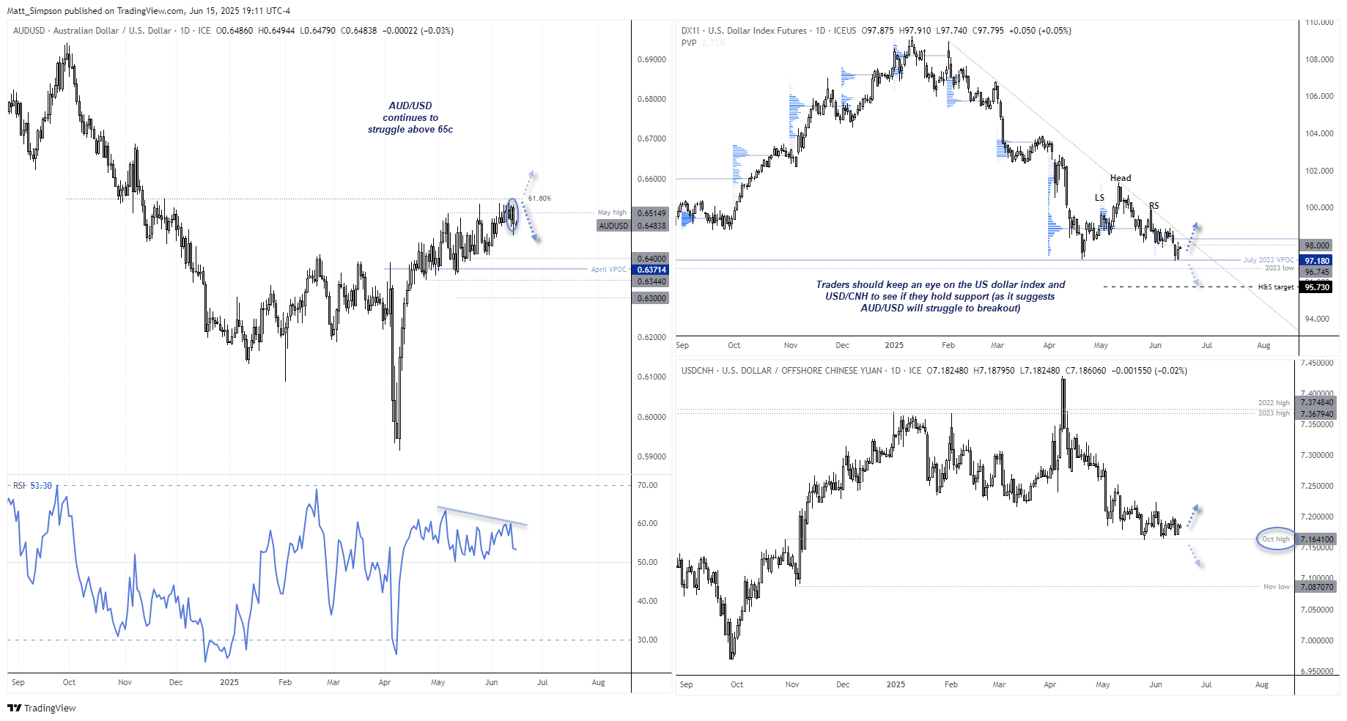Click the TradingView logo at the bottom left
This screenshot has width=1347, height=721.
pos(42,708)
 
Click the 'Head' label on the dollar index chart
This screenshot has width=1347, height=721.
pos(1120,178)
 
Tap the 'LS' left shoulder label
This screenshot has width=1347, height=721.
pos(1099,198)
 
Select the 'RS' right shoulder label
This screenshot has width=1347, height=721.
pos(1154,206)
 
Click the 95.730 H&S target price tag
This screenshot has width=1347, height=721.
pos(1316,287)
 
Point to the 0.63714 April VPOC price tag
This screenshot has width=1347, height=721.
pos(651,270)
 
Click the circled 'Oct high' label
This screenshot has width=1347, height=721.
pos(1275,539)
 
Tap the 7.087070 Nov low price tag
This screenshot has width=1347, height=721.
pos(1316,587)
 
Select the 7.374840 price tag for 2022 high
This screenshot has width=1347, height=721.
pos(1316,402)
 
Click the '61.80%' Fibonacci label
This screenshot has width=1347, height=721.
pos(539,199)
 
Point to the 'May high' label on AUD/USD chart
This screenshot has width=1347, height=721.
pos(612,212)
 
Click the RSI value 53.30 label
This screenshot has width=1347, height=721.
pos(41,486)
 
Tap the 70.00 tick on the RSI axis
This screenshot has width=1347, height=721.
pos(647,485)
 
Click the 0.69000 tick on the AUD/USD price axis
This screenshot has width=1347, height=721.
pos(652,59)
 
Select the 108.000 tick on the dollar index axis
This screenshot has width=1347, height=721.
pos(1319,59)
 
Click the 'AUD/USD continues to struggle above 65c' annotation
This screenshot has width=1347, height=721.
pos(410,117)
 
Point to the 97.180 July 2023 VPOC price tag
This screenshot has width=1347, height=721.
pos(1316,261)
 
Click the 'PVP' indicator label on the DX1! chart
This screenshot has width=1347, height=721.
pos(688,42)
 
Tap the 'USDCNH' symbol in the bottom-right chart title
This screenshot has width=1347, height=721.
pos(697,371)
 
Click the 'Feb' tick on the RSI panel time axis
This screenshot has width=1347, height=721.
pos(285,682)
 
